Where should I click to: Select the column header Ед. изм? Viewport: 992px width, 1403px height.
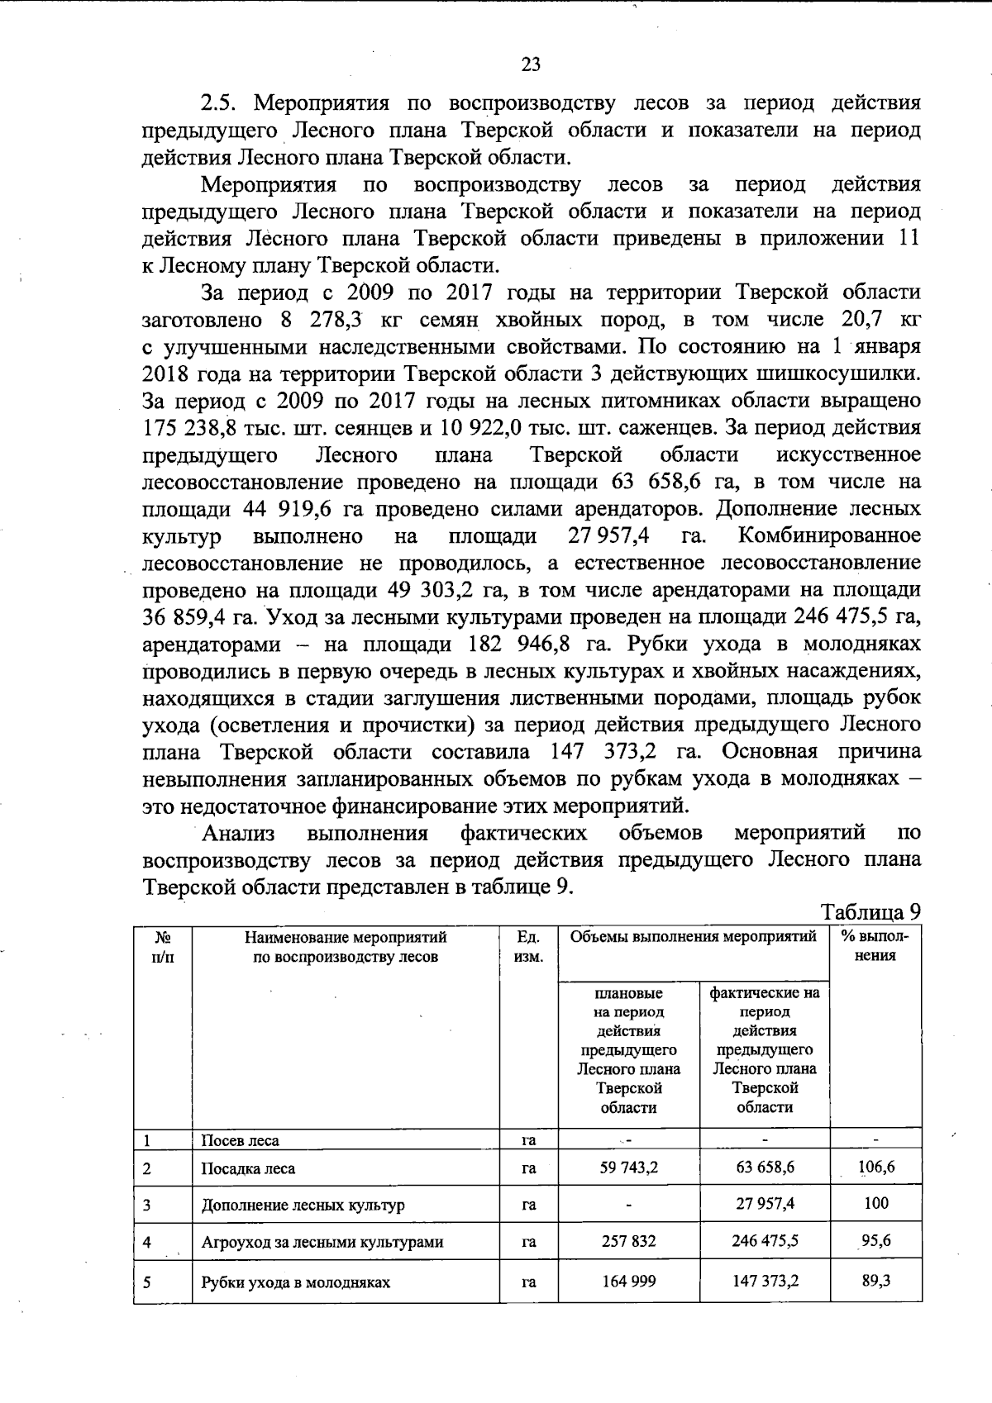point(529,947)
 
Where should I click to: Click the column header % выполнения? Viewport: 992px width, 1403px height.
point(875,946)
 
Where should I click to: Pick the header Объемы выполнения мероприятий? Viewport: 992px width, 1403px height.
point(694,937)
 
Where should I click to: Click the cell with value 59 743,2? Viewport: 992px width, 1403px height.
point(629,1168)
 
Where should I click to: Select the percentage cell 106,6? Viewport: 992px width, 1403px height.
point(876,1168)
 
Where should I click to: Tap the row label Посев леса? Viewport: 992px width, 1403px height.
point(241,1140)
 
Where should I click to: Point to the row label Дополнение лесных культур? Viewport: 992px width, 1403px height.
point(303,1205)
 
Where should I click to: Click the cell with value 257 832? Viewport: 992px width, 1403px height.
point(629,1242)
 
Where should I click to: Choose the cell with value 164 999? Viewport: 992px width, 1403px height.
point(629,1282)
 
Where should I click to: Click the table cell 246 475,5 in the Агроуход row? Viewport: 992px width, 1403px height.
point(765,1241)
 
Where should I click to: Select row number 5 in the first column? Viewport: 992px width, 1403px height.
point(147,1282)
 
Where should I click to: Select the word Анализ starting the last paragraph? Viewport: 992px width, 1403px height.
point(239,832)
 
